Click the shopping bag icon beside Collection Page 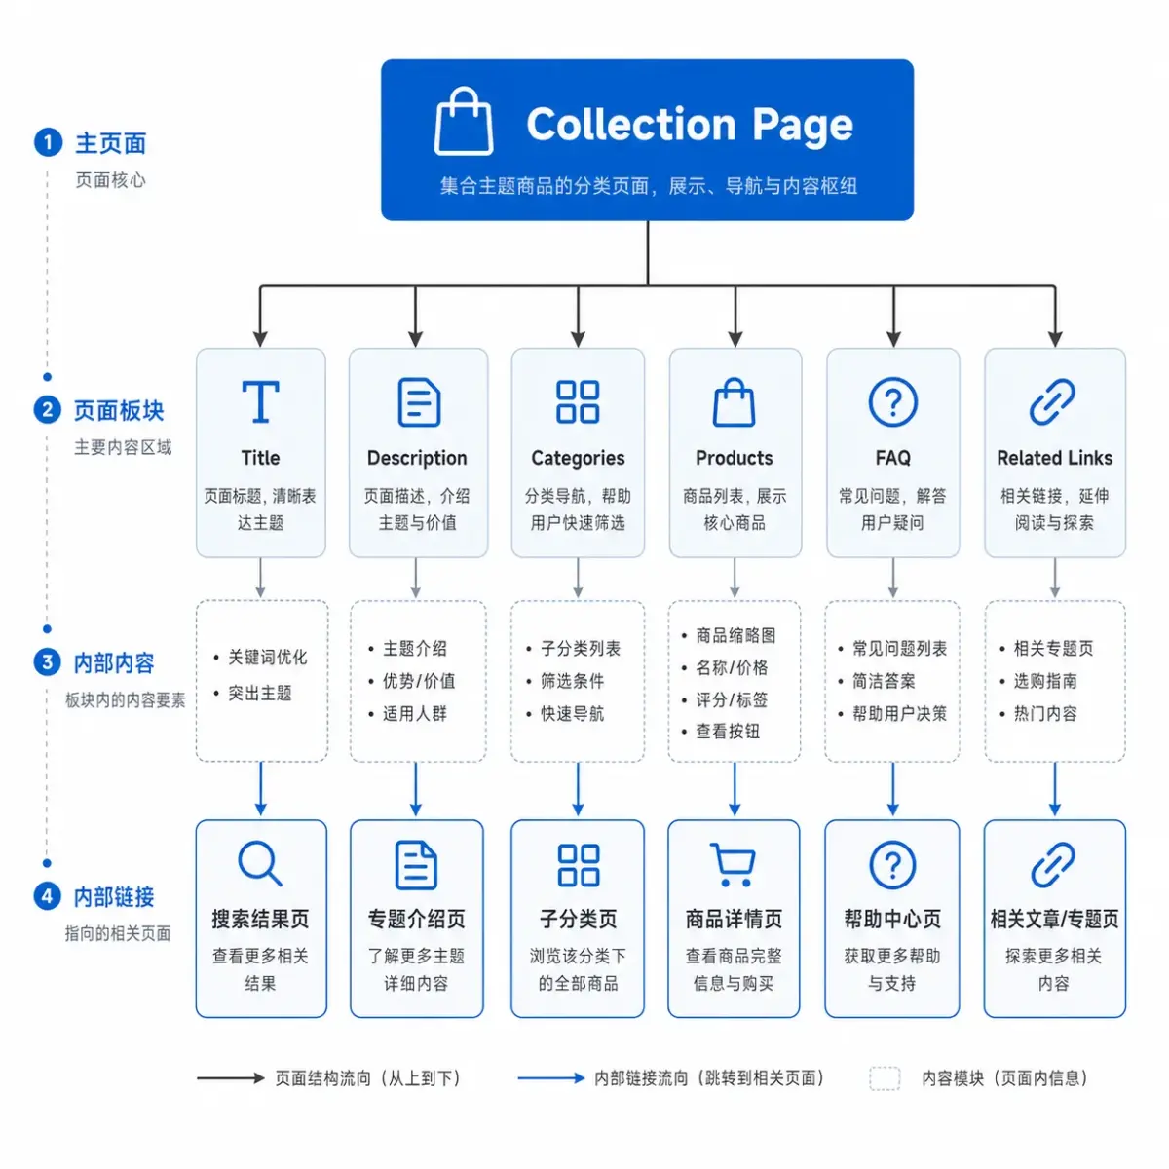tap(463, 122)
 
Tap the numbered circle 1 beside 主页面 tap(48, 142)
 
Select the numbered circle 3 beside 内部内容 tap(48, 661)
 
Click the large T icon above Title tap(260, 401)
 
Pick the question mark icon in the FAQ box tap(892, 401)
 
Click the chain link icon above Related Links tap(1052, 401)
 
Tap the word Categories tap(578, 458)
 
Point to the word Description tap(417, 458)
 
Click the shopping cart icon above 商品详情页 tap(733, 864)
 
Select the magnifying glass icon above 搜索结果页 tap(260, 863)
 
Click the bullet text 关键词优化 tap(268, 657)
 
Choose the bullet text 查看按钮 tap(728, 732)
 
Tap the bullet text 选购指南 tap(1045, 681)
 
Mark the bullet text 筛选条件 tap(572, 681)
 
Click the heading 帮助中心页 tap(891, 919)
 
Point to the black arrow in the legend tap(231, 1078)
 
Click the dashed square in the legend tap(885, 1078)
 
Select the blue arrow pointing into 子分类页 tap(578, 789)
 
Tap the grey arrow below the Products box tap(735, 578)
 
